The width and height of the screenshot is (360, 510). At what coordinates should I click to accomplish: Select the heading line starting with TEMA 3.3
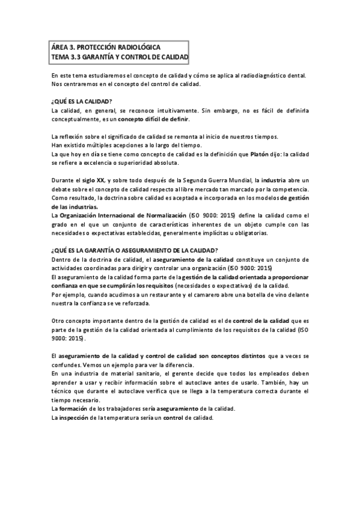click(120, 57)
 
